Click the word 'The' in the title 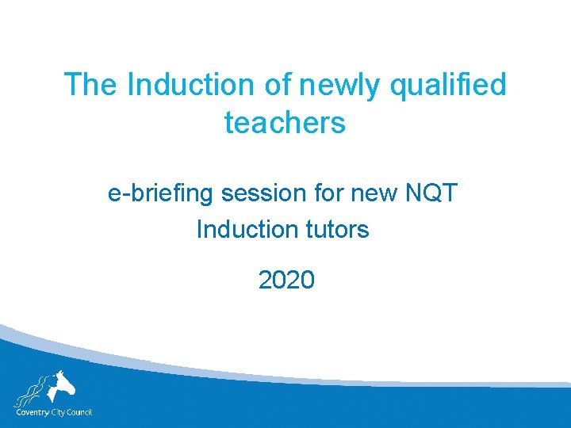click(90, 84)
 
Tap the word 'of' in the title click(278, 84)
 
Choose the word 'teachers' click(285, 123)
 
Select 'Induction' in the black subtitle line click(245, 230)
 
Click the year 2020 click(286, 280)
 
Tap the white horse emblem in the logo click(60, 386)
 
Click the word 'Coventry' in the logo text click(32, 412)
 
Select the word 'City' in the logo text click(59, 412)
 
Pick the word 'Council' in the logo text click(81, 412)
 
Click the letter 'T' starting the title click(72, 84)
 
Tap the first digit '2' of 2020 click(266, 280)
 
